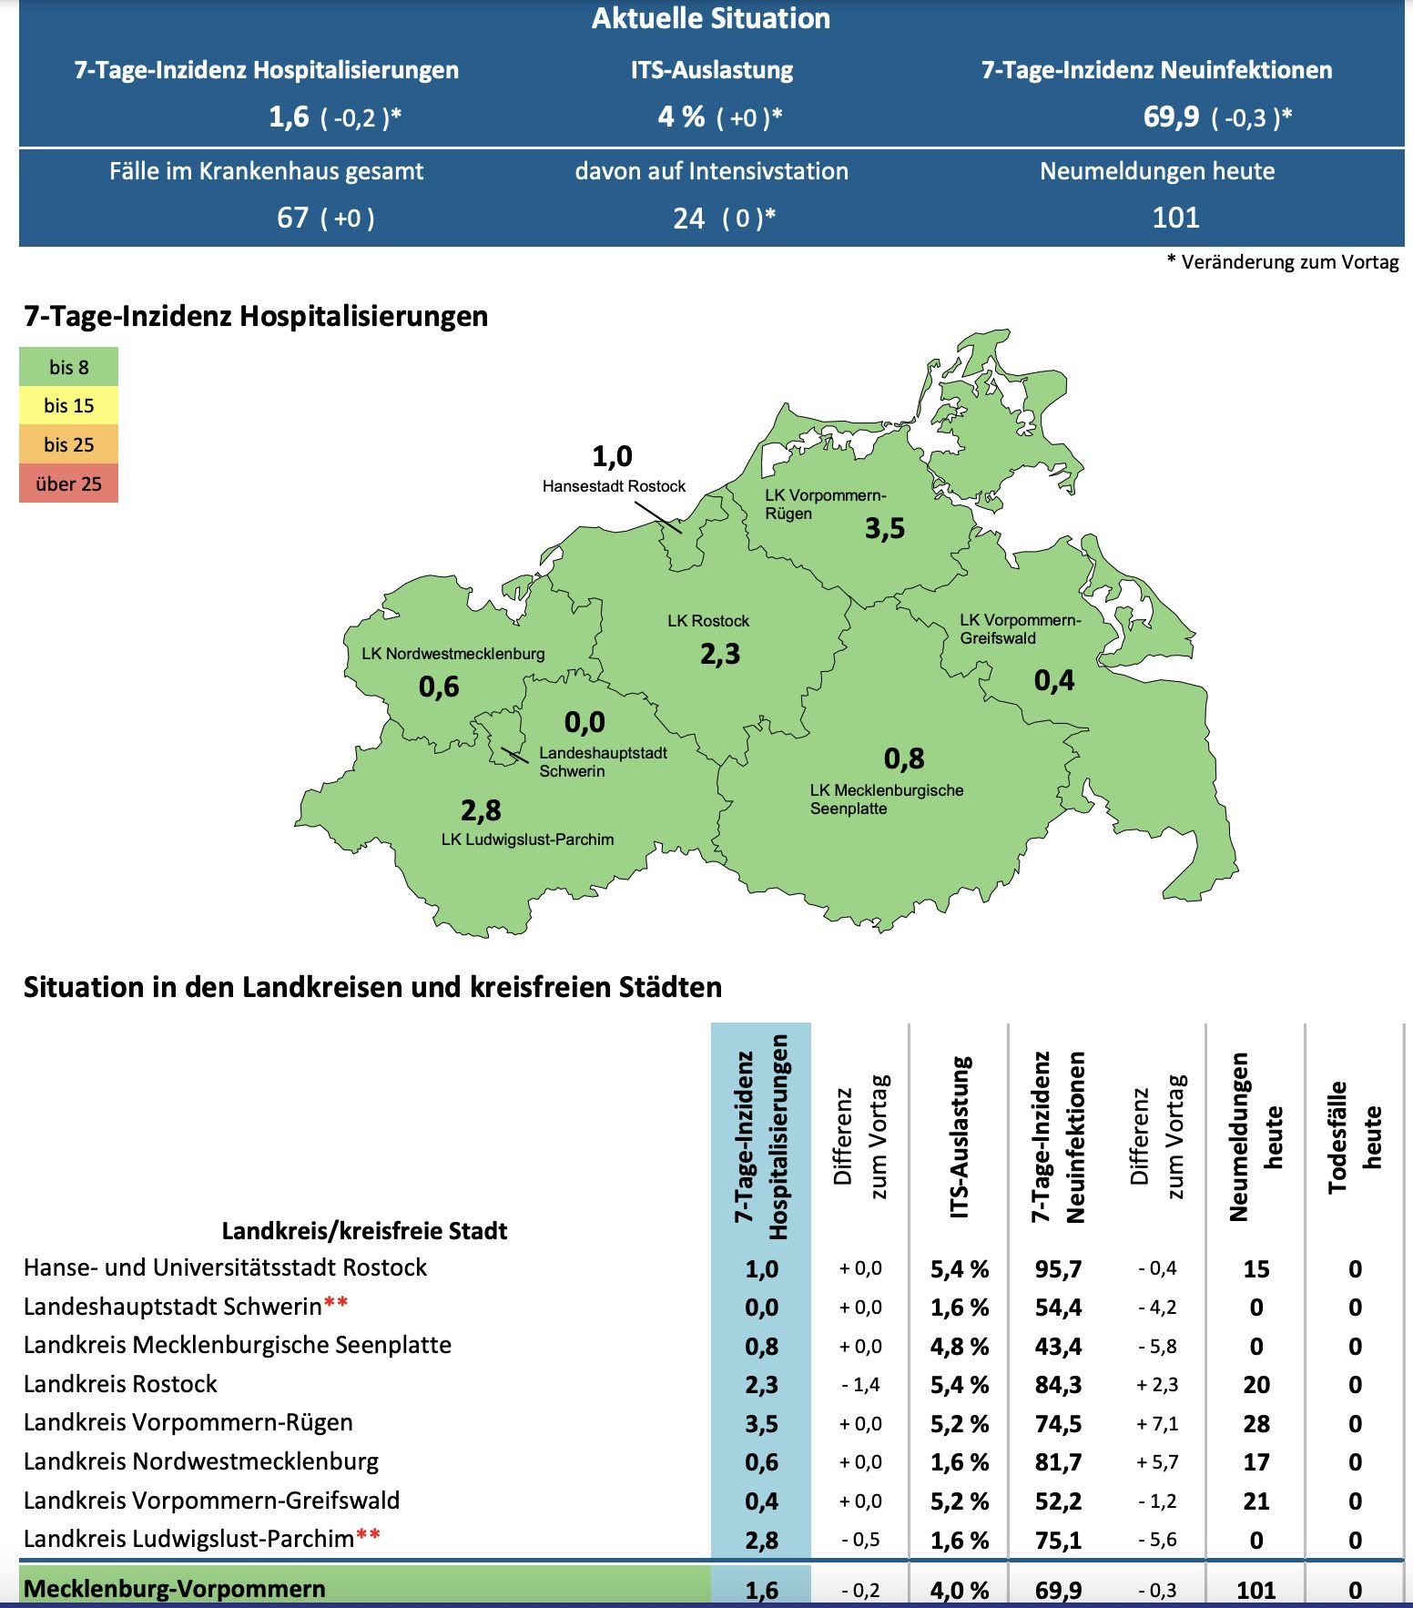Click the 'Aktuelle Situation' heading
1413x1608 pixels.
point(710,18)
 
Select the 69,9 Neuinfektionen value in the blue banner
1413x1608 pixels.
point(1171,117)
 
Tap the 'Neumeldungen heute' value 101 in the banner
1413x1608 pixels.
point(1175,218)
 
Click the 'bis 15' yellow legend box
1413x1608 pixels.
point(69,406)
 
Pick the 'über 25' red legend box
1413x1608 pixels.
point(69,483)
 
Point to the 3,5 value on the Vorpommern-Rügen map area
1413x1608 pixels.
point(885,528)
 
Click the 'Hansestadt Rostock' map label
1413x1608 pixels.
point(614,486)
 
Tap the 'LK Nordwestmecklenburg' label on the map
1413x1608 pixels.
point(452,653)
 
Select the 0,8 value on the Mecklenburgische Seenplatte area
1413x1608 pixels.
point(904,758)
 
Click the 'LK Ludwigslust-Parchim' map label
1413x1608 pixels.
point(527,840)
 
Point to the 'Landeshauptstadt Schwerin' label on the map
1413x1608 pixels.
point(603,762)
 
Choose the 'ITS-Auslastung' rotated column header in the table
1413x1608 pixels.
point(960,1137)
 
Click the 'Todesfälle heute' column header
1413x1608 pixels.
point(1355,1137)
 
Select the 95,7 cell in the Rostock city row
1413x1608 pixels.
point(1058,1269)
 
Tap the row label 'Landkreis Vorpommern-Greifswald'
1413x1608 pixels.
point(211,1501)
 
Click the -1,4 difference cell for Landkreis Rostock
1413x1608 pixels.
point(860,1385)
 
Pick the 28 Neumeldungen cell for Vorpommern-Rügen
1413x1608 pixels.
point(1256,1424)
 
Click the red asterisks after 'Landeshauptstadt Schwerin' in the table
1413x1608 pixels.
point(336,1303)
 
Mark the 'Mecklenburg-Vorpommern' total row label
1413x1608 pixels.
point(175,1589)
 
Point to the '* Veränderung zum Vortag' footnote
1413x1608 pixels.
point(1283,262)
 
